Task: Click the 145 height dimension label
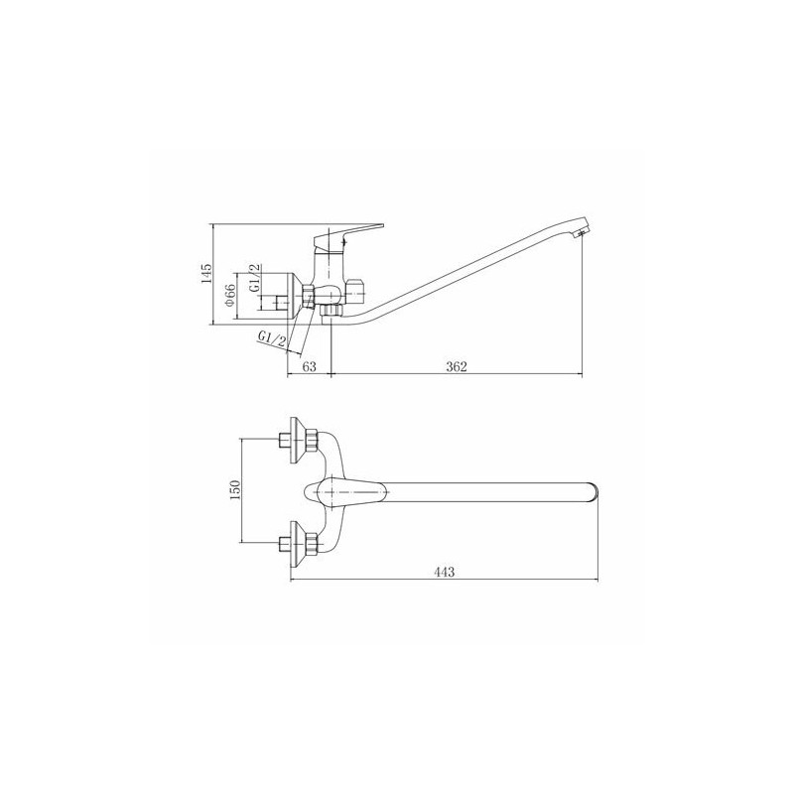tap(206, 274)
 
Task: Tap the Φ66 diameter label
tap(230, 294)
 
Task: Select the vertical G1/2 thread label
tap(255, 278)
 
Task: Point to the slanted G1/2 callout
tap(272, 338)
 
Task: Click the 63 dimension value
tap(309, 366)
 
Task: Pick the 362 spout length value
tap(457, 366)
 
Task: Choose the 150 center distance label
tap(234, 490)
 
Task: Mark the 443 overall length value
tap(444, 572)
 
